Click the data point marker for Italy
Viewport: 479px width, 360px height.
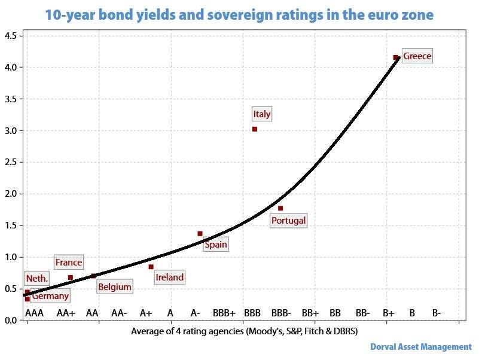255,129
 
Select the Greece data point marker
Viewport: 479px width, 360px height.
395,57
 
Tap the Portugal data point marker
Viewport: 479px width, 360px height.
280,208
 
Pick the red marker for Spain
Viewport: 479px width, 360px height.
200,233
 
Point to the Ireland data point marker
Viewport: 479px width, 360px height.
151,267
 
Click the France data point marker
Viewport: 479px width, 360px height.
71,277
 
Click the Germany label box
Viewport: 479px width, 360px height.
50,295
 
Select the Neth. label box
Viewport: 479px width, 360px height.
36,278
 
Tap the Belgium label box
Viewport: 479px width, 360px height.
114,287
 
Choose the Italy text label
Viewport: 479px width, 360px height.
262,114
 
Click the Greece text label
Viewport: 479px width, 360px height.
417,56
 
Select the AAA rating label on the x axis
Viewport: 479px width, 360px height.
34,313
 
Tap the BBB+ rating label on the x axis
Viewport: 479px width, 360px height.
224,313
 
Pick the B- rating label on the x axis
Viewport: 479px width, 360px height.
437,313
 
